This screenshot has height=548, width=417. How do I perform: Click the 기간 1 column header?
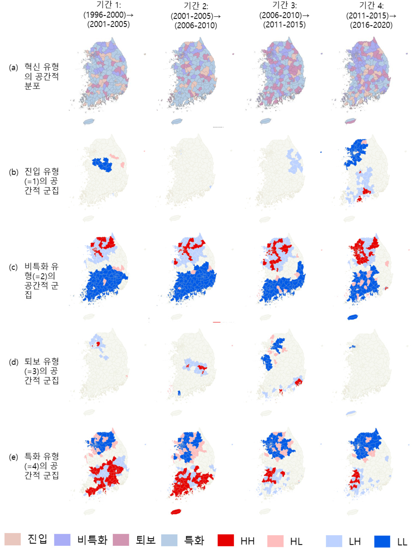[x=108, y=15]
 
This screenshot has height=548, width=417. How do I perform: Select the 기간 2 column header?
[x=196, y=16]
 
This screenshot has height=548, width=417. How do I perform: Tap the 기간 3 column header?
[x=284, y=15]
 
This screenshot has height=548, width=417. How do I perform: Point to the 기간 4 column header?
[x=371, y=15]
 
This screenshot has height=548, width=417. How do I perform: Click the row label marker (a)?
[x=13, y=67]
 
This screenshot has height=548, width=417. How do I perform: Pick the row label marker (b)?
[x=13, y=172]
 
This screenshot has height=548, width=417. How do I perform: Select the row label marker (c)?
[x=13, y=267]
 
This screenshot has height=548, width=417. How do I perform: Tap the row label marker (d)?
[x=13, y=362]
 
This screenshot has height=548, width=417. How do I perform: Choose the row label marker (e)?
[x=13, y=457]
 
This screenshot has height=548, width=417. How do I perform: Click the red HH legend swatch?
[x=225, y=540]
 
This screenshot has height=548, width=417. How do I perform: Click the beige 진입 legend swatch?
[x=13, y=539]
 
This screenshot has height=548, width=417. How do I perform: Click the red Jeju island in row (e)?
[x=176, y=512]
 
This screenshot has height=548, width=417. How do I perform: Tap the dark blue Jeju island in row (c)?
[x=353, y=317]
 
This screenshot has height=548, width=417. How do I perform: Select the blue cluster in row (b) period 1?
[x=102, y=165]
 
